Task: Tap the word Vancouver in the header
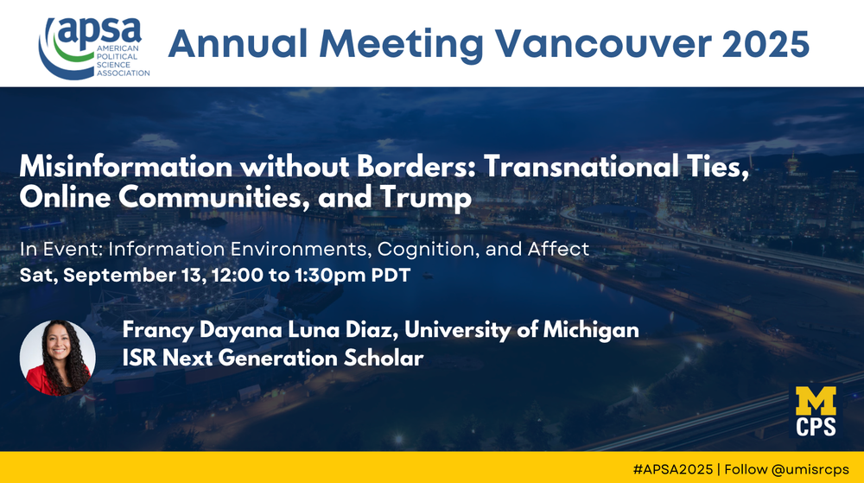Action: click(604, 43)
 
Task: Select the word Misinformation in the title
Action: click(126, 166)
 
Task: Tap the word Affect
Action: click(558, 249)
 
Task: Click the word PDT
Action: click(391, 275)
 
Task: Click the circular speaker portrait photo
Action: click(57, 358)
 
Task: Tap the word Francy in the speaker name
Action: click(157, 330)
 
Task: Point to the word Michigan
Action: click(591, 330)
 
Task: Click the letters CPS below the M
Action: click(816, 427)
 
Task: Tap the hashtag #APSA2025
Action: click(673, 469)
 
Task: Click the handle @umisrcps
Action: click(810, 470)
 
